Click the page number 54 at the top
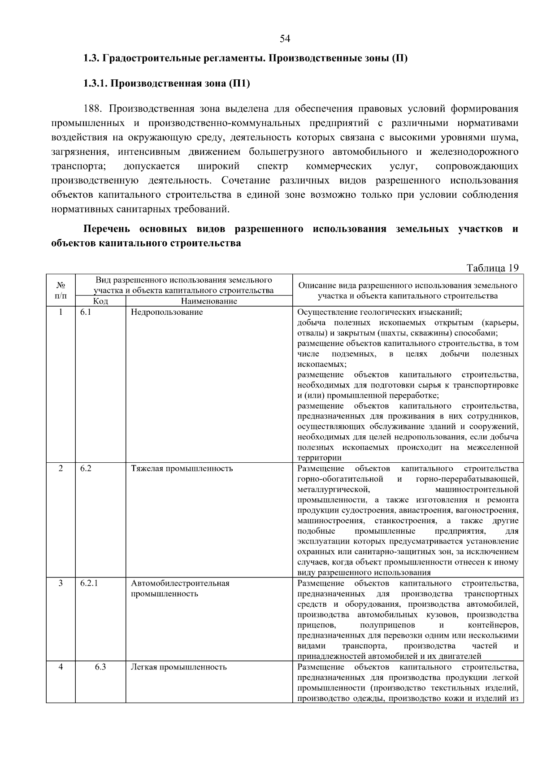pos(285,39)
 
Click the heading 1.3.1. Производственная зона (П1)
pos(166,83)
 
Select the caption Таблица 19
pos(492,268)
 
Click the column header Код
pos(100,301)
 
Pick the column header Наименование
pos(209,301)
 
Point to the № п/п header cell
pos(61,290)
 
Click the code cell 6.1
pos(86,312)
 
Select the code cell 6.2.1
pos(89,583)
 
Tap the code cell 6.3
pos(100,667)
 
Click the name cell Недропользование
pos(167,312)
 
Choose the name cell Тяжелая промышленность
pos(182,469)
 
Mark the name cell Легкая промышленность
pos(178,667)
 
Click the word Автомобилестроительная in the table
pos(180,583)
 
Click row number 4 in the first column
pos(61,667)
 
